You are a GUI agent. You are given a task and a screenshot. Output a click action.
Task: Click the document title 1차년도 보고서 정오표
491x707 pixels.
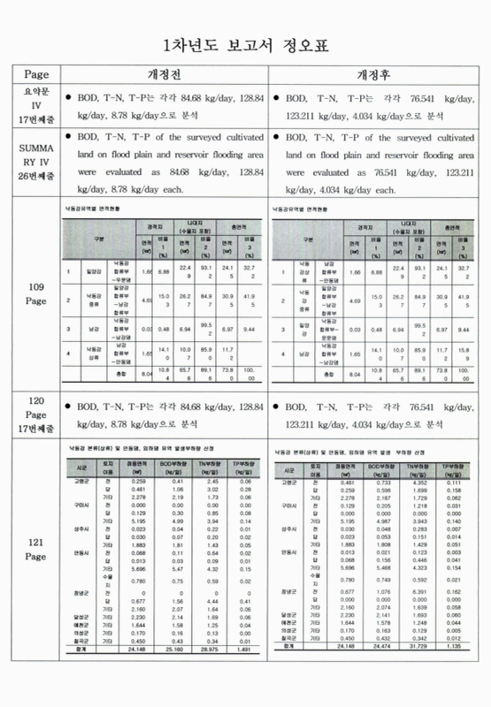245,46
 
